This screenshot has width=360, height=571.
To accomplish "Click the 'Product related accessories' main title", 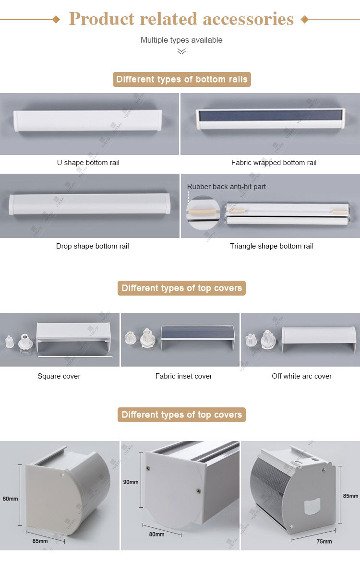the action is (x=181, y=19).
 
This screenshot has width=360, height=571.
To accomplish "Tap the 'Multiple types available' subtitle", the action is (x=181, y=40).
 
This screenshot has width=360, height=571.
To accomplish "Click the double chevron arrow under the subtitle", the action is (x=181, y=51).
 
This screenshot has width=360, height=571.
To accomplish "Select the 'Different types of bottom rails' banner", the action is (x=182, y=79).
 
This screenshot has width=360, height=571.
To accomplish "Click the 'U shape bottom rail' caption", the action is (x=88, y=163).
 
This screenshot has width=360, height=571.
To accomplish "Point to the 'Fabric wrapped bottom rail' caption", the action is (x=274, y=163).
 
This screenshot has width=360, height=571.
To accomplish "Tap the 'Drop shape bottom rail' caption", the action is (x=93, y=246).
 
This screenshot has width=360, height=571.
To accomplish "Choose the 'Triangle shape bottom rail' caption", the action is (x=272, y=246).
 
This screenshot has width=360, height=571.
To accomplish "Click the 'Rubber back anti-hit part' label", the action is (x=226, y=187).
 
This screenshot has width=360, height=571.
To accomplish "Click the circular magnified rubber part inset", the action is (x=203, y=213).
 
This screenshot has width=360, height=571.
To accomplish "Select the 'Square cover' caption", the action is (x=59, y=376).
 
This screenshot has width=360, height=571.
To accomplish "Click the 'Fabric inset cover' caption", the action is (x=184, y=376).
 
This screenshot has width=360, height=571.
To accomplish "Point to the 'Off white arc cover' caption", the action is (x=302, y=376).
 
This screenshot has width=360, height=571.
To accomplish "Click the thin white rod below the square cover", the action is (x=75, y=357).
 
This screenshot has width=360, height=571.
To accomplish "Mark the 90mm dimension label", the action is (x=131, y=482).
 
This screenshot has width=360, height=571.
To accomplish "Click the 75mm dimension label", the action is (x=324, y=542).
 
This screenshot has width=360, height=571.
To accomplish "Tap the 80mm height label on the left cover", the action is (x=10, y=499).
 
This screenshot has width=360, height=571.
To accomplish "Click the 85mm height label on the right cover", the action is (x=350, y=496).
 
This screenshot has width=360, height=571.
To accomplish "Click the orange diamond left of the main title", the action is (x=56, y=19).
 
